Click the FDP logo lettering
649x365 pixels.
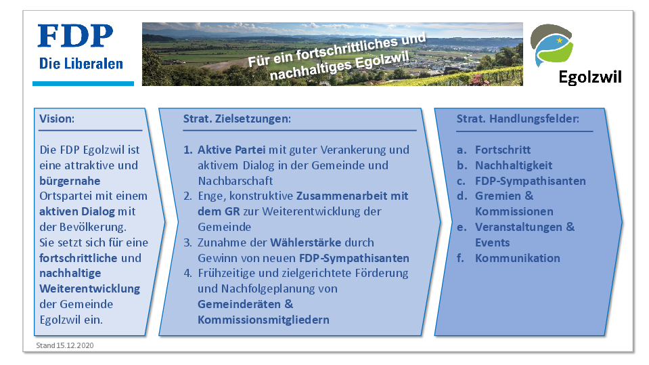75,36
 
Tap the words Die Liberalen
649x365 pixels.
81,64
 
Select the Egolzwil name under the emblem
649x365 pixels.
590,77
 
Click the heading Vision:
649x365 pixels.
57,119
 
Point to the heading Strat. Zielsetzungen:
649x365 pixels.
237,119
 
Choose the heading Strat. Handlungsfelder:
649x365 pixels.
518,119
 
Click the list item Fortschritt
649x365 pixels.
503,150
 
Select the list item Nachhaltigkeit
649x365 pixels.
514,165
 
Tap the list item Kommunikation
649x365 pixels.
518,258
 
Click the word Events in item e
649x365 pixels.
493,243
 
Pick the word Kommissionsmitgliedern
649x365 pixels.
264,320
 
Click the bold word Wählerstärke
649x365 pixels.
305,242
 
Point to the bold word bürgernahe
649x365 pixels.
70,181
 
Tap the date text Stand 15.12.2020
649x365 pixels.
65,345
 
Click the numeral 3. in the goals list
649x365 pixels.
188,243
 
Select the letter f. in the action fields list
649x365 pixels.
460,258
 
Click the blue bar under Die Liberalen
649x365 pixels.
83,84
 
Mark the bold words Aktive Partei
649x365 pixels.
231,150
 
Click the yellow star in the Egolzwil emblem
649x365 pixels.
560,40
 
